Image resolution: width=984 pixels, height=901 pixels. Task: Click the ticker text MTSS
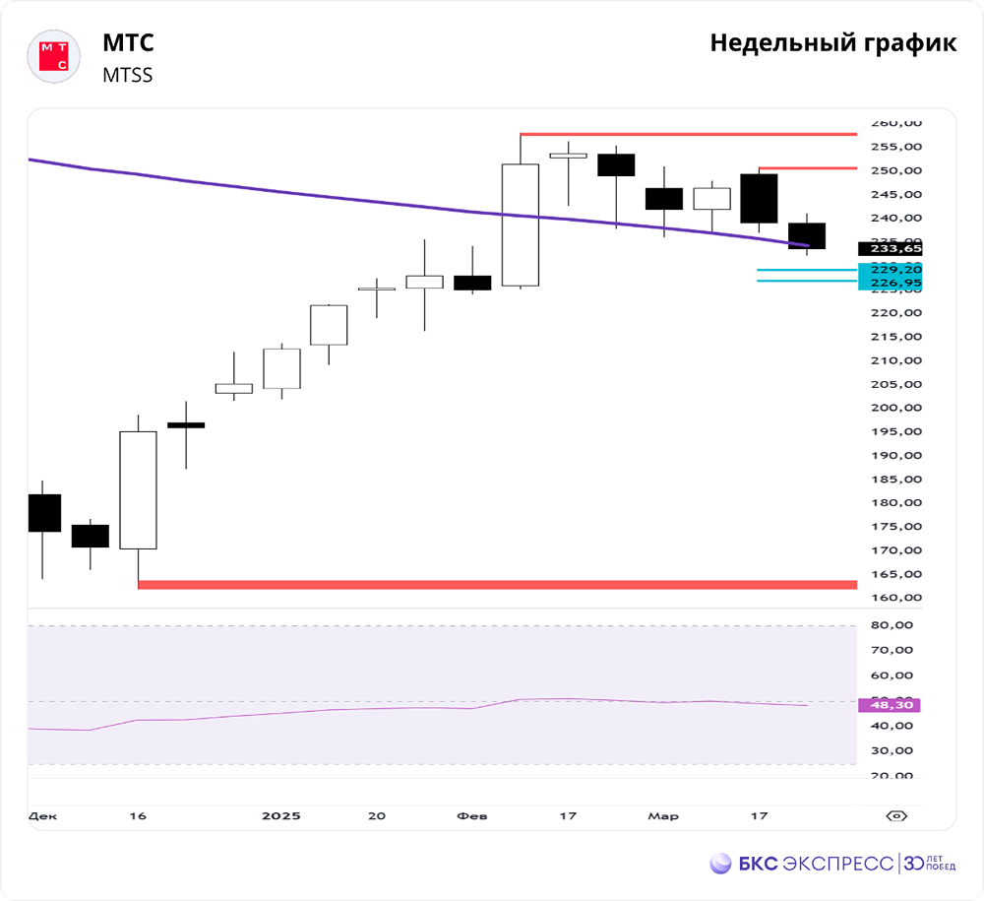(127, 75)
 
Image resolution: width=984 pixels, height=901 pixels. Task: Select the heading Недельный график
(832, 43)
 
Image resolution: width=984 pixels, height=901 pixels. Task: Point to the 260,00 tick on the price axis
(895, 123)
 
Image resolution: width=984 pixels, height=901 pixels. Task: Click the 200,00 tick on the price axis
(895, 408)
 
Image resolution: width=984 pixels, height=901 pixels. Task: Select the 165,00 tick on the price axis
(895, 574)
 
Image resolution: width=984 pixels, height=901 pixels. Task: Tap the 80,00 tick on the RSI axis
(895, 625)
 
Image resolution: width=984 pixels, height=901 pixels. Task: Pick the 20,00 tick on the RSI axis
(895, 776)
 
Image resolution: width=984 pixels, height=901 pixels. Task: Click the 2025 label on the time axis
(281, 816)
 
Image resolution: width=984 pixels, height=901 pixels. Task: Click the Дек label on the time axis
(42, 816)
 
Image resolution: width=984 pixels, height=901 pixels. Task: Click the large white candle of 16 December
(138, 489)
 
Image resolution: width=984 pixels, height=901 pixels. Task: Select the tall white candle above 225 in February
(520, 225)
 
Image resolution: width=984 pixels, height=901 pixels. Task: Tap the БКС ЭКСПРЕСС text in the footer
(815, 864)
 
